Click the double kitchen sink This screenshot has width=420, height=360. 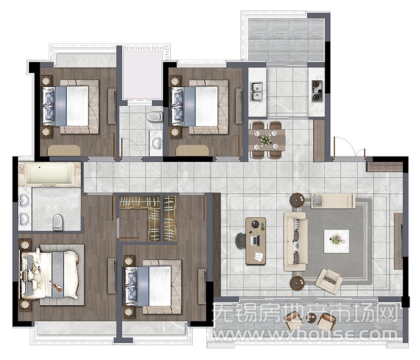point(257,91)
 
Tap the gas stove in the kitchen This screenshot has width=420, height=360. point(317,90)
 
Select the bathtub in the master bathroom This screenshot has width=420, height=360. point(49,174)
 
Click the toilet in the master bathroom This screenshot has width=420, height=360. point(58,222)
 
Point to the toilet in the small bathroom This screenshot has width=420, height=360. point(154,117)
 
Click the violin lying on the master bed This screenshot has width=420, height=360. point(56,286)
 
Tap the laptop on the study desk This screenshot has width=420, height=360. point(255,241)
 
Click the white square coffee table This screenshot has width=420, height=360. point(336,241)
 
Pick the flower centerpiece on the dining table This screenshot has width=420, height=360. point(265,140)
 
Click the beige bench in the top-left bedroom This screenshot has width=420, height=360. point(64,151)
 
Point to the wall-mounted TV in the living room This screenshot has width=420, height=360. point(401,241)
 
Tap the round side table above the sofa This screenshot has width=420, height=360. point(298,200)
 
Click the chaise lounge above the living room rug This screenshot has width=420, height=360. point(333,201)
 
